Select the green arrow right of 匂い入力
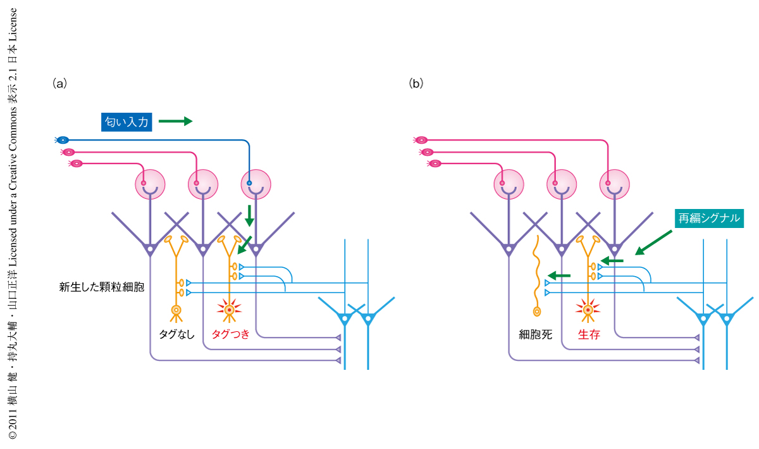tap(175, 121)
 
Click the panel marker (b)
tap(416, 83)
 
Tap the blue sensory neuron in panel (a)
tap(63, 139)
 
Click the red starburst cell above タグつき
tap(229, 310)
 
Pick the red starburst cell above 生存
tap(588, 310)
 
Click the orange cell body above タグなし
tap(176, 310)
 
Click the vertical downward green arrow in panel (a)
tap(249, 215)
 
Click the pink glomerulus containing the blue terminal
tap(256, 184)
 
